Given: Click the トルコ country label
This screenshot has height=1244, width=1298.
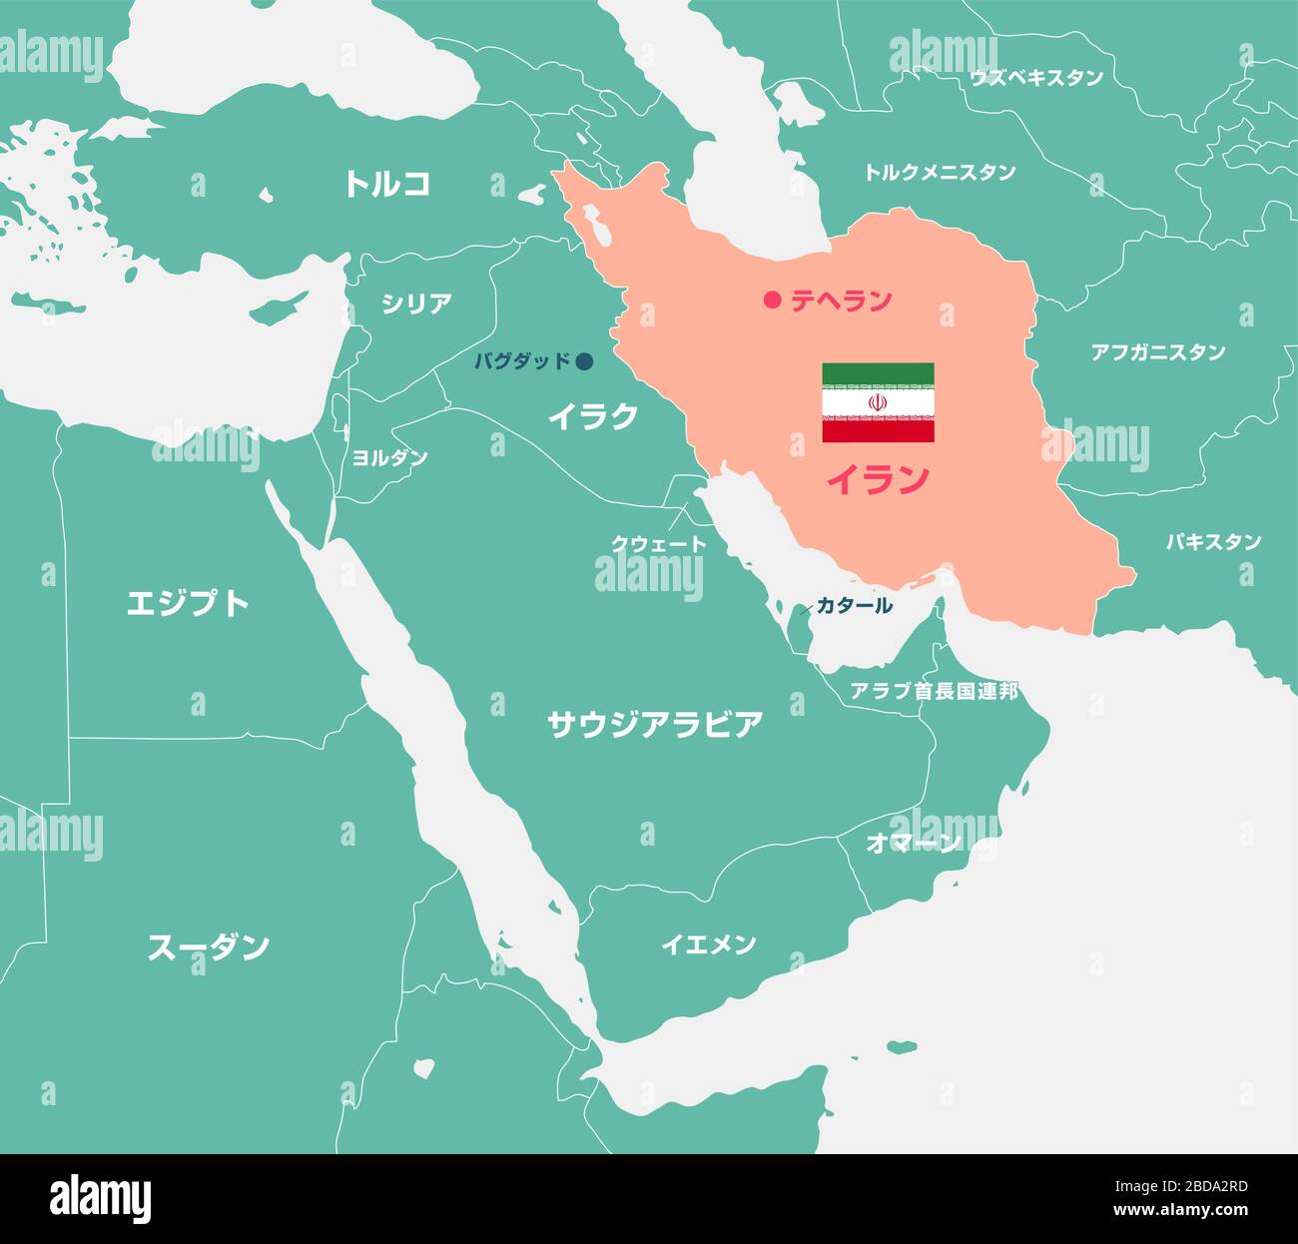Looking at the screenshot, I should (x=387, y=183).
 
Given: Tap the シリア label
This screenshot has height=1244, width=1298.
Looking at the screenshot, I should (x=416, y=304).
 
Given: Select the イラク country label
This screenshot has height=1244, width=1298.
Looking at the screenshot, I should (x=592, y=416).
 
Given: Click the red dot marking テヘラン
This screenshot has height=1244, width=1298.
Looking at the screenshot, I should (x=771, y=300).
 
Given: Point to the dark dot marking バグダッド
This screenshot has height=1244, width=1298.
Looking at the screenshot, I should (x=585, y=361).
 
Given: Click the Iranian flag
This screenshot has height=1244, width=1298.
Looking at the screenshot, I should (x=878, y=402).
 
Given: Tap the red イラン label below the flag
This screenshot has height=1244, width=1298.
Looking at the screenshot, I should (x=878, y=480).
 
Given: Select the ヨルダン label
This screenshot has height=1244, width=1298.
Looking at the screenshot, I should (x=389, y=457).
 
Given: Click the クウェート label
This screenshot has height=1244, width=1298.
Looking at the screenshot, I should (x=658, y=544).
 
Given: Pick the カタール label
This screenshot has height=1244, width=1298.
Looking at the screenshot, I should (x=854, y=605).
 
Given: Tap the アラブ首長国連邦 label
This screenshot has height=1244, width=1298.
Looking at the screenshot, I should (x=934, y=691).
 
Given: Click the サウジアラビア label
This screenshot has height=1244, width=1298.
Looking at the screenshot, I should (x=655, y=725).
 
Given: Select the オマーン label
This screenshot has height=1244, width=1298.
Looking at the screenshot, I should (x=914, y=844).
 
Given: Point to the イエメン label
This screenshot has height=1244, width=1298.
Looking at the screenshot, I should (x=709, y=943).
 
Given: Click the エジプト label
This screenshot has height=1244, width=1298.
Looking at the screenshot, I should (x=188, y=603).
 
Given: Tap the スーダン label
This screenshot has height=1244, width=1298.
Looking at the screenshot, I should (x=208, y=946).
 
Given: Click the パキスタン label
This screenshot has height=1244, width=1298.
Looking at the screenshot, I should (x=1213, y=542).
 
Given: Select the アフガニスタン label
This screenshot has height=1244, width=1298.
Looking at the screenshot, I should (x=1158, y=352).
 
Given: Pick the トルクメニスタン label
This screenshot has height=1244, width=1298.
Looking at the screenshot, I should (x=939, y=173).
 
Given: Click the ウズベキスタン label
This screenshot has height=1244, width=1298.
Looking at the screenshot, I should (x=1036, y=78).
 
